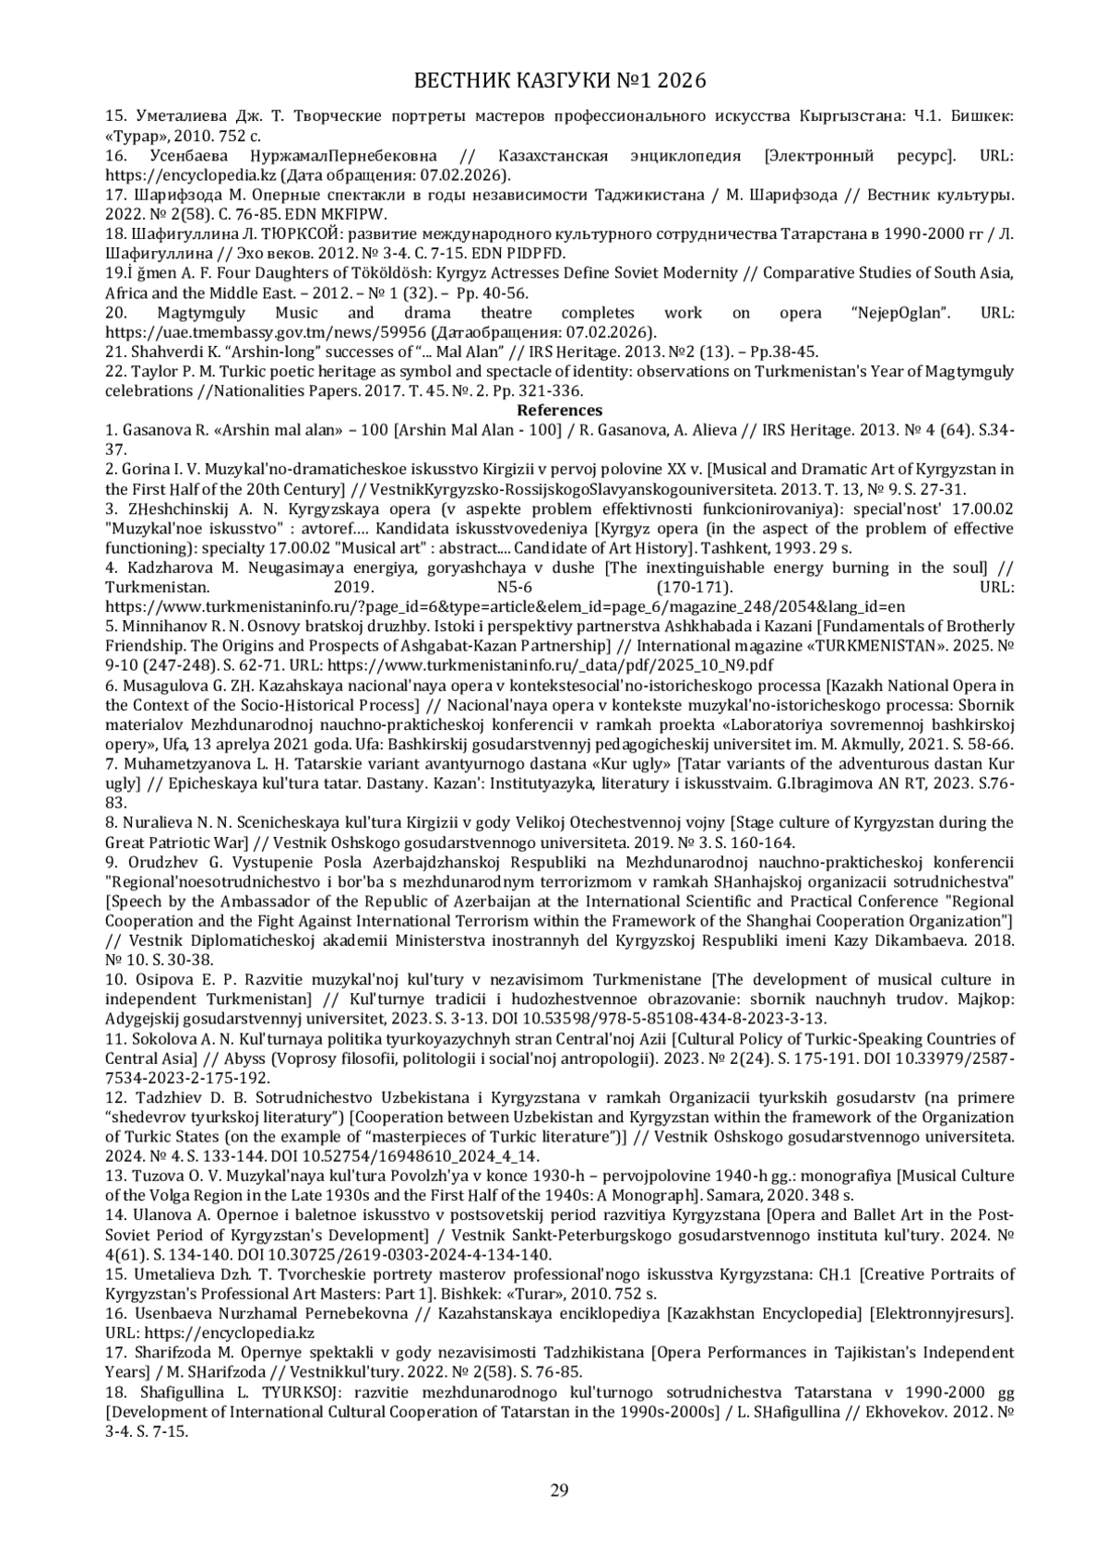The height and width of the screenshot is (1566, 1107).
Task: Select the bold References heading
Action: (559, 411)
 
